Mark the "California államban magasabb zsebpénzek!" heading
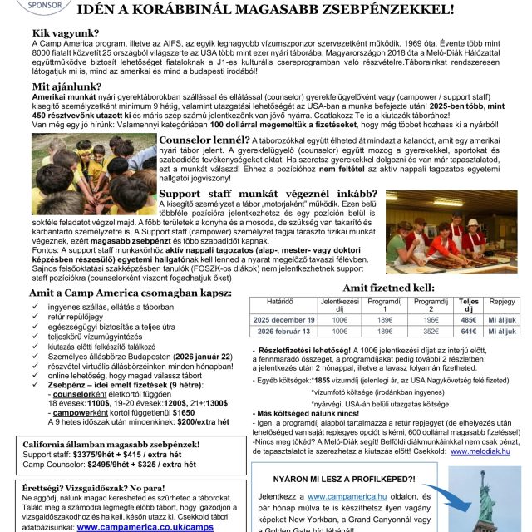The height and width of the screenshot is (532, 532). (x=110, y=444)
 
